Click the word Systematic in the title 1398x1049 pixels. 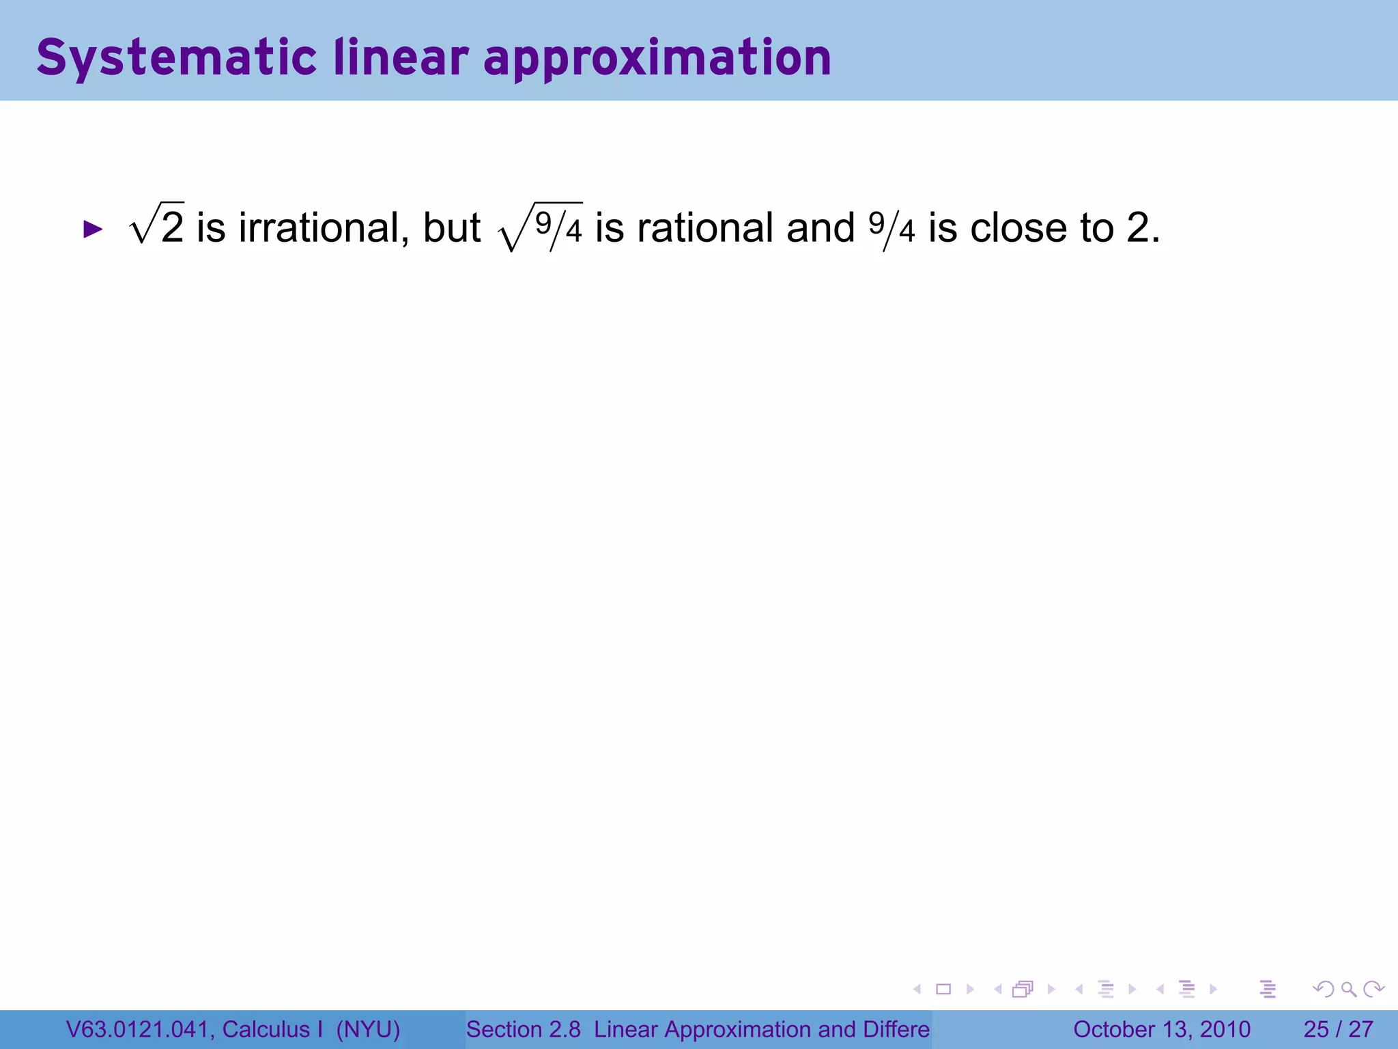click(176, 58)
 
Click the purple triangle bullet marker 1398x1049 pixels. click(92, 229)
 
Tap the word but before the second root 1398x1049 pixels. click(451, 227)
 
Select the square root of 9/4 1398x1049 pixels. click(541, 227)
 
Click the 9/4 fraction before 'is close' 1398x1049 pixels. click(891, 229)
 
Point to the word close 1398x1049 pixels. click(1018, 227)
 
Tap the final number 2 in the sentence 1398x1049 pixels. click(1138, 227)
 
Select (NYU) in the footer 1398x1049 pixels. click(368, 1029)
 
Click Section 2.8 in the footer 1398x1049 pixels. click(523, 1029)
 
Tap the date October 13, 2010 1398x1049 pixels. click(1162, 1029)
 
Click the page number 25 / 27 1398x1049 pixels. click(1338, 1029)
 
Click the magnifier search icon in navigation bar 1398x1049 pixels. click(1348, 989)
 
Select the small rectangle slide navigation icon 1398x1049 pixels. click(943, 989)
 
